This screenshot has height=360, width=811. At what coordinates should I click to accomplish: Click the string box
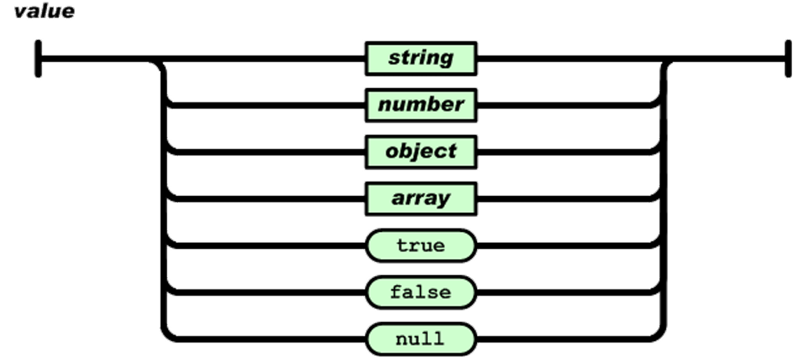point(420,58)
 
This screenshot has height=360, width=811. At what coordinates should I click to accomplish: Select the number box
point(420,105)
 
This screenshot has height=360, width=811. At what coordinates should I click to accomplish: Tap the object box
point(420,152)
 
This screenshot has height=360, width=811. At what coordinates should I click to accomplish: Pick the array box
point(420,199)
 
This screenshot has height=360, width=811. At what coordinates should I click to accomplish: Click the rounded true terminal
point(420,246)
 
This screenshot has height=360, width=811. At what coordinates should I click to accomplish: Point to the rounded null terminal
point(420,340)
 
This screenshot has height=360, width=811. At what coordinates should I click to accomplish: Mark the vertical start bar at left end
point(38,58)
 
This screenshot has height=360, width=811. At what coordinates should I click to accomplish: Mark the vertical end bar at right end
point(789,58)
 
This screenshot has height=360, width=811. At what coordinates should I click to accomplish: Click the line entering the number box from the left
point(266,105)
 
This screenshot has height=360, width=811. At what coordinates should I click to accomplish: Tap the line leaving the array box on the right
point(567,199)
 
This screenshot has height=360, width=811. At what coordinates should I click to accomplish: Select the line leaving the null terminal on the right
point(567,340)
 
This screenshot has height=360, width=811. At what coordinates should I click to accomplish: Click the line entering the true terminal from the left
point(266,246)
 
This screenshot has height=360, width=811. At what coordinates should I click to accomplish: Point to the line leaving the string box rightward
point(567,58)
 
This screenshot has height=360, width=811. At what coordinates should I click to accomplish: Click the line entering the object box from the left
point(266,152)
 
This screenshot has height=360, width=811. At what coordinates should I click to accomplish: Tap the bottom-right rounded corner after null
point(660,334)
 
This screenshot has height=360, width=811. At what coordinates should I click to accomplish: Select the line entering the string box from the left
point(266,58)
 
